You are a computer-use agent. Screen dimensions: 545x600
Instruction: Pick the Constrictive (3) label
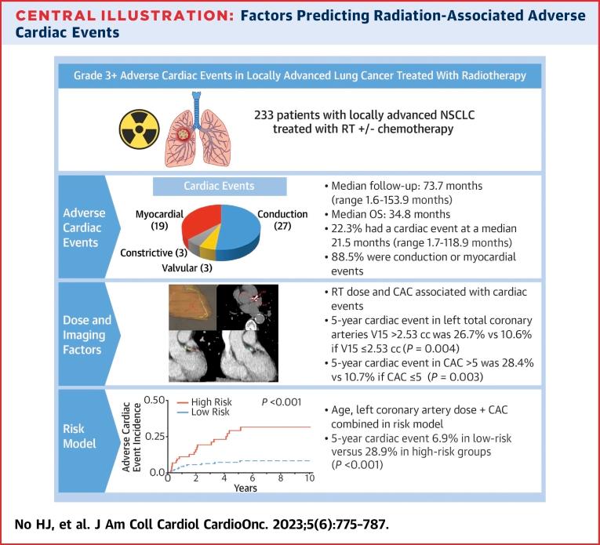pyautogui.click(x=153, y=254)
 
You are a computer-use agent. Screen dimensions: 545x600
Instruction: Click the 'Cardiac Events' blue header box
pyautogui.click(x=220, y=187)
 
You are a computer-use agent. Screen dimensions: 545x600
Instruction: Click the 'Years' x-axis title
pyautogui.click(x=245, y=489)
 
